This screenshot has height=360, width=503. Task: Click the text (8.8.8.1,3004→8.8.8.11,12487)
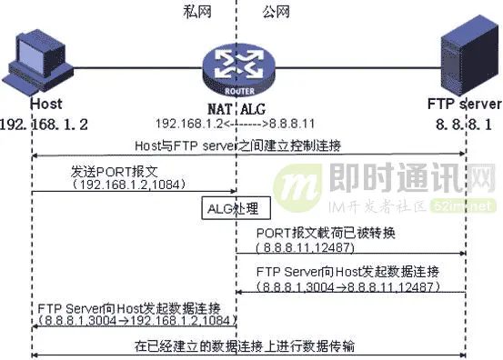348,287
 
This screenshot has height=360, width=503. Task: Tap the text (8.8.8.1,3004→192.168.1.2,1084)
135,320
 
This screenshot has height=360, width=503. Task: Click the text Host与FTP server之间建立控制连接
248,145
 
